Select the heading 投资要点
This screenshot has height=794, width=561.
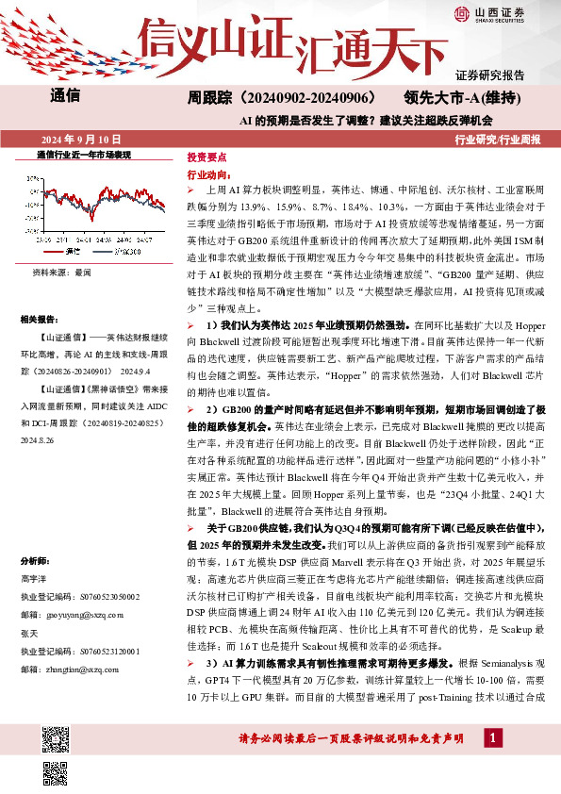pos(206,157)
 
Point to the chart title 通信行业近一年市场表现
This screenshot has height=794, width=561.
pos(83,154)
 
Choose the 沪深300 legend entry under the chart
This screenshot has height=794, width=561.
pos(117,252)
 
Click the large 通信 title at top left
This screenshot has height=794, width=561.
pos(62,95)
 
